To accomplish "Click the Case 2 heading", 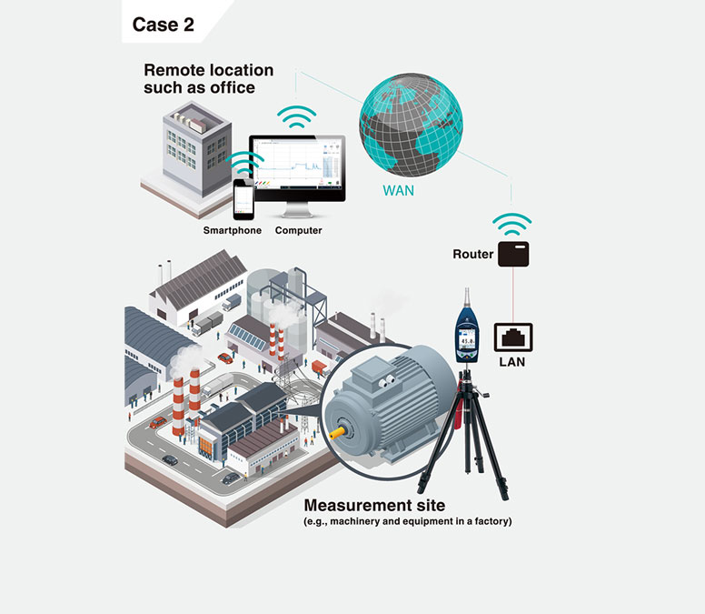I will pos(163,25).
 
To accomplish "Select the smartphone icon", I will pos(243,198).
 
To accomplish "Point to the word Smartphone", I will pos(232,231).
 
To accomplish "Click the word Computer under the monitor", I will pos(298,231).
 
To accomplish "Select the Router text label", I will pos(472,254).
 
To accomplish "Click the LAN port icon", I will pos(512,337).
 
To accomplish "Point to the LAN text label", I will pos(512,362).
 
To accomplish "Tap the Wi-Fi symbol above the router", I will pos(511,223).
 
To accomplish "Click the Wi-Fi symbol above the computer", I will pos(297,116).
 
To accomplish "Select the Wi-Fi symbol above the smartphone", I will pos(243,164).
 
